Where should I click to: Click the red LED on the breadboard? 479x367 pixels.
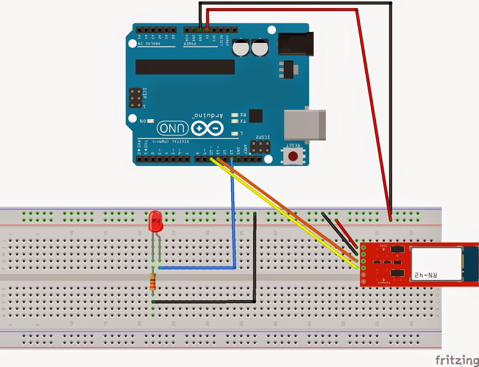(155, 221)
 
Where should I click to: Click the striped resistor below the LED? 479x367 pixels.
(153, 282)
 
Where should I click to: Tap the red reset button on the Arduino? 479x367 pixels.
(293, 156)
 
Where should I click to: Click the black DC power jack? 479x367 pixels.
(296, 44)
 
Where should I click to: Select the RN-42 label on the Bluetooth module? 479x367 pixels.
(425, 275)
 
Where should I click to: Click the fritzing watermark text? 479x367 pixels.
(457, 360)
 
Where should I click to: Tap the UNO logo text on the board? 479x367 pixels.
(172, 128)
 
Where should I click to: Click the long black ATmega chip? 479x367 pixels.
(185, 67)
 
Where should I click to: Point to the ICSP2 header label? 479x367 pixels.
(263, 137)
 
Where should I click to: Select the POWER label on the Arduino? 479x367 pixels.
(190, 44)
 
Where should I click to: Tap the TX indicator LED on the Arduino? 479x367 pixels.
(235, 121)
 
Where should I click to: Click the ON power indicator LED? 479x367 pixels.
(150, 121)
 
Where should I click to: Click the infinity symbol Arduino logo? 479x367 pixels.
(207, 129)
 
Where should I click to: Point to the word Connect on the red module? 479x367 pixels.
(384, 282)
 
